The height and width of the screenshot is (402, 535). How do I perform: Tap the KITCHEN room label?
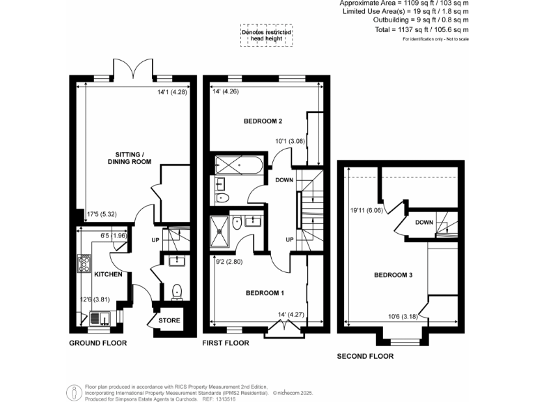108,274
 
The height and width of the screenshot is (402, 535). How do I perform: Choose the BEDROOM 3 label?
394,275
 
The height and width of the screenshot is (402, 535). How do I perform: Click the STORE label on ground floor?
169,321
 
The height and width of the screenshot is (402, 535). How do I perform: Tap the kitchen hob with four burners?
84,264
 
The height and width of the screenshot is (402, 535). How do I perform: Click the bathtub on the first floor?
238,166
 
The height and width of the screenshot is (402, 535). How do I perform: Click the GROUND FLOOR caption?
97,344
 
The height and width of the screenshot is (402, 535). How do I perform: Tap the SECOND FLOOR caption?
365,356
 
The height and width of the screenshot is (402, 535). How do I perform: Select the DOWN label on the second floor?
424,223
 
